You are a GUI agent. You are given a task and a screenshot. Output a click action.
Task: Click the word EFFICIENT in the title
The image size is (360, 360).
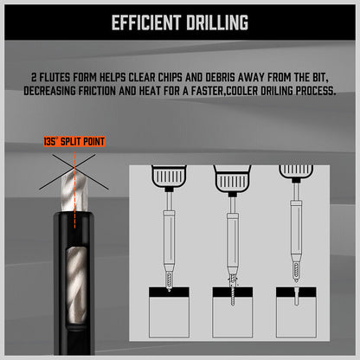coord(145,22)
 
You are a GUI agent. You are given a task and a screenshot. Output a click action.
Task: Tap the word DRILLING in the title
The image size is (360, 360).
coord(217,22)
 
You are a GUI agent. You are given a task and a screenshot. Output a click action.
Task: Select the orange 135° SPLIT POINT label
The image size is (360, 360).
coord(74,142)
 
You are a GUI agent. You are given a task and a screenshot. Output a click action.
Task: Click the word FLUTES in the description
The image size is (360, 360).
coord(55,78)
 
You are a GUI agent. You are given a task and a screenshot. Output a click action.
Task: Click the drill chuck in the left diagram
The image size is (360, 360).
coord(169,177)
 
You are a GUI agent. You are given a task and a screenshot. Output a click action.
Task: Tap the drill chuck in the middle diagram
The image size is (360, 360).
coord(232,180)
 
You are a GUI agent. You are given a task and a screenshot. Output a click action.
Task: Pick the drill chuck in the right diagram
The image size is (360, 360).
coord(296,172)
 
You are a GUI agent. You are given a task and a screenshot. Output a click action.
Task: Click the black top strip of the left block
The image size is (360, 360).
coord(169,292)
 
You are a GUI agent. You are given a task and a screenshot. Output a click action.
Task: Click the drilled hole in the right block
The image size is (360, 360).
coord(296,296)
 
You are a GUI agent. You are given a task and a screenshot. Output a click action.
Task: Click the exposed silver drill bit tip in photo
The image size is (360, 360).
coord(74,189)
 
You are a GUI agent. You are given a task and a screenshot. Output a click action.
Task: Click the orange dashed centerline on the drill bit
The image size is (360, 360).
coord(74,190)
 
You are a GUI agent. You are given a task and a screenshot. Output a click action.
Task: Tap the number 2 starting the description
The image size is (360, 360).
coord(34,78)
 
